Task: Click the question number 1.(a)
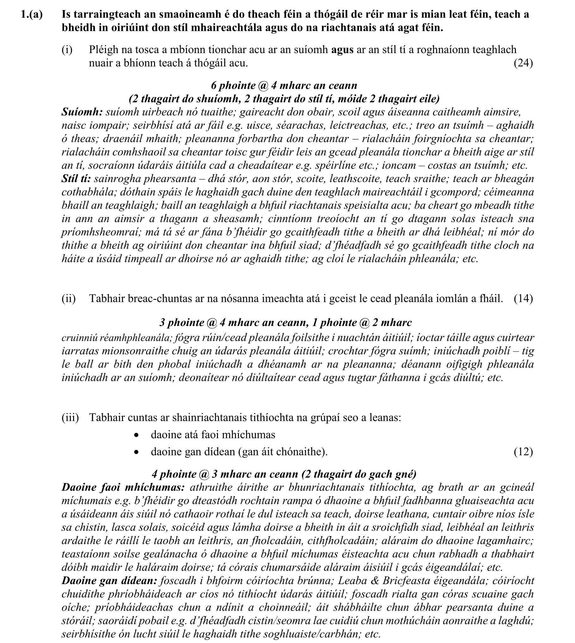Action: pyautogui.click(x=31, y=15)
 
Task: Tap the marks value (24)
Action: pyautogui.click(x=523, y=63)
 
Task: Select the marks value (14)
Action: pyautogui.click(x=523, y=299)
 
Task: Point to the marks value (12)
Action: pyautogui.click(x=523, y=452)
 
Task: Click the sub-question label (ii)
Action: pyautogui.click(x=69, y=299)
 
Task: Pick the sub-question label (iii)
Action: pyautogui.click(x=70, y=417)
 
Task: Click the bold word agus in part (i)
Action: pyautogui.click(x=342, y=50)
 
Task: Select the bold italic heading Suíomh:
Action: pyautogui.click(x=82, y=112)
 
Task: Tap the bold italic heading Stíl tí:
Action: pyautogui.click(x=76, y=179)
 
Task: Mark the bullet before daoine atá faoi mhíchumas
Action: pyautogui.click(x=136, y=435)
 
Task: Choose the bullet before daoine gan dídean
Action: pyautogui.click(x=136, y=452)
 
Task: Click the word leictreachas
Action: pyautogui.click(x=360, y=126)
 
